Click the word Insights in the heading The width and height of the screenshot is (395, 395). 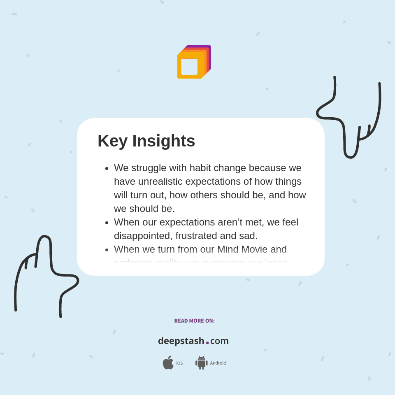[164, 141]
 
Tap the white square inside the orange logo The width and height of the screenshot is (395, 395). [189, 67]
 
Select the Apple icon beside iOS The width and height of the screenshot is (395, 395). [168, 363]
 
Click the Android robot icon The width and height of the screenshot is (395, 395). [201, 363]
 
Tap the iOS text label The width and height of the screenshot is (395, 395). [179, 363]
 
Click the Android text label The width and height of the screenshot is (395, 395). [218, 363]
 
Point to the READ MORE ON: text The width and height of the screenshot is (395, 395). [194, 321]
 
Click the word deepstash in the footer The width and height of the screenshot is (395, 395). [181, 341]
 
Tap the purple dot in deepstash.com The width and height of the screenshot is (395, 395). [207, 343]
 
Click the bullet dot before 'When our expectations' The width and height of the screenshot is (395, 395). [107, 223]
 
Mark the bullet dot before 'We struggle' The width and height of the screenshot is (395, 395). [107, 168]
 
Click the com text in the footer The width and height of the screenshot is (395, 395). [219, 341]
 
